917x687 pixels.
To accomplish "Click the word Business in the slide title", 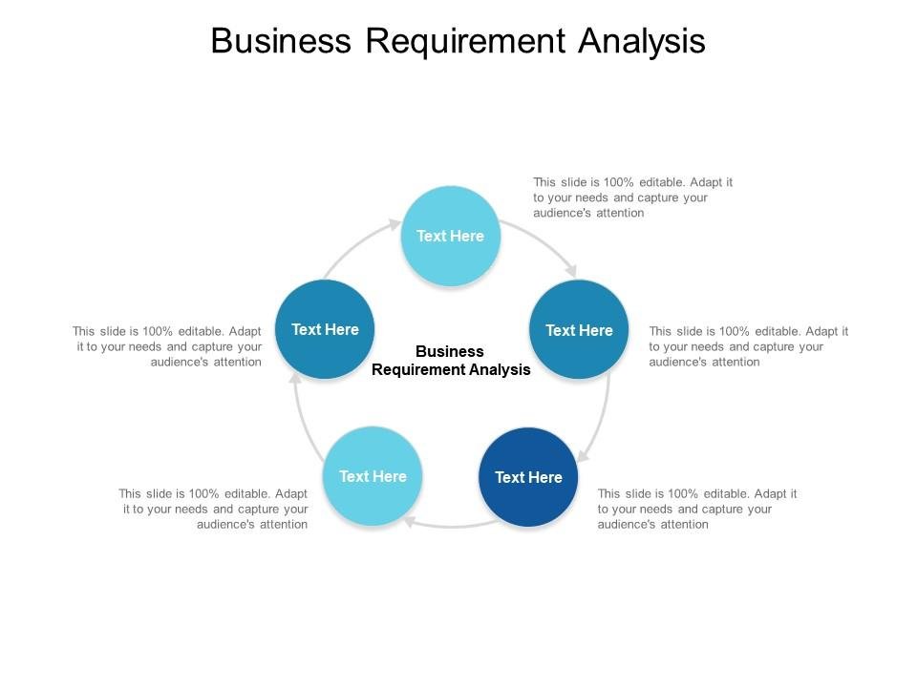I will [x=275, y=41].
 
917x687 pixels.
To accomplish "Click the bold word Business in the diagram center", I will [x=450, y=351].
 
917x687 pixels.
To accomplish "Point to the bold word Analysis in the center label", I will [x=497, y=370].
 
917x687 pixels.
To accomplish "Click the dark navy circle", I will [x=528, y=477].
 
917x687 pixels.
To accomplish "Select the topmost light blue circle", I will [x=451, y=236].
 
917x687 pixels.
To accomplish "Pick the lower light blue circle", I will [x=373, y=476].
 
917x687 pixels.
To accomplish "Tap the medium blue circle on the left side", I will [x=325, y=329].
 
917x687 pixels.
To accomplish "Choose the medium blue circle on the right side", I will [x=579, y=330].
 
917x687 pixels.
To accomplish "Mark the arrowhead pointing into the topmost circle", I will [x=395, y=224].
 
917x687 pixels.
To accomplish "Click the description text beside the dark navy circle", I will [x=697, y=509].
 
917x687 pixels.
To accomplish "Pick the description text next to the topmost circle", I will [x=633, y=198].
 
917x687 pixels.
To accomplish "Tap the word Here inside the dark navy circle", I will [x=544, y=477].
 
